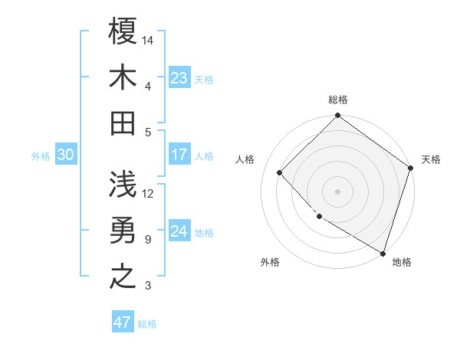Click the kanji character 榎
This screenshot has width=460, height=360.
(x=123, y=33)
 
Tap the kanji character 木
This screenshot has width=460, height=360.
(x=123, y=77)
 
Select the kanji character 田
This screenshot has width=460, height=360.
(x=123, y=122)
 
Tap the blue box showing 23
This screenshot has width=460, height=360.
(x=179, y=77)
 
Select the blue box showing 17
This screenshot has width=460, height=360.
(x=179, y=155)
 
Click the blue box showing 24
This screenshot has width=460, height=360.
(x=179, y=231)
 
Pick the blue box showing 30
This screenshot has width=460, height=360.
(x=66, y=155)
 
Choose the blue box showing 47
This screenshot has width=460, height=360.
(x=123, y=322)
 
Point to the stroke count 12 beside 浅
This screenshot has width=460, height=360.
(x=148, y=193)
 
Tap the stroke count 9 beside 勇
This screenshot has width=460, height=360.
(x=148, y=240)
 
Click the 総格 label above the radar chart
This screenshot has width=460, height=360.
(x=338, y=100)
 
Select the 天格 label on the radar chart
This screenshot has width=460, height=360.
(x=431, y=159)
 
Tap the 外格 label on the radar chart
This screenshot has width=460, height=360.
(x=270, y=262)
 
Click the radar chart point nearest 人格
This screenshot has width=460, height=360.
(x=280, y=172)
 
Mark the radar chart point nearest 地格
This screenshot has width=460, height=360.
(x=382, y=252)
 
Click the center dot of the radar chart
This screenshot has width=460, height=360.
(x=338, y=191)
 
